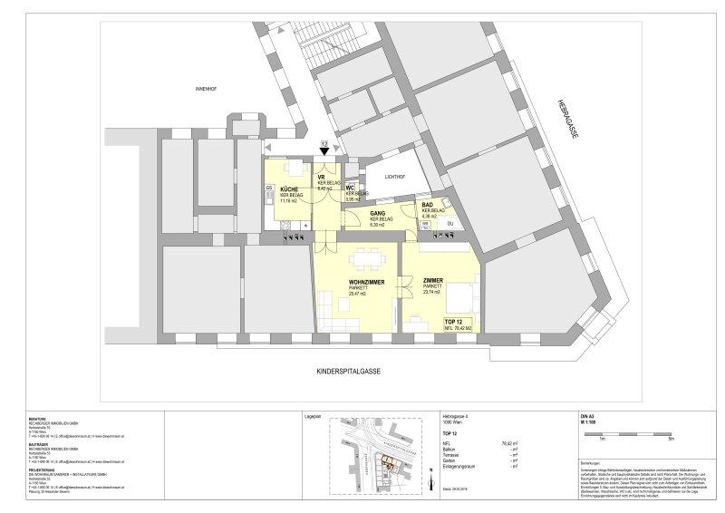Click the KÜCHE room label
point(278,188)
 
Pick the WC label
point(350,188)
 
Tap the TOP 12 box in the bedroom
point(456,324)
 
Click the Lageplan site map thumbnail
point(377,448)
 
